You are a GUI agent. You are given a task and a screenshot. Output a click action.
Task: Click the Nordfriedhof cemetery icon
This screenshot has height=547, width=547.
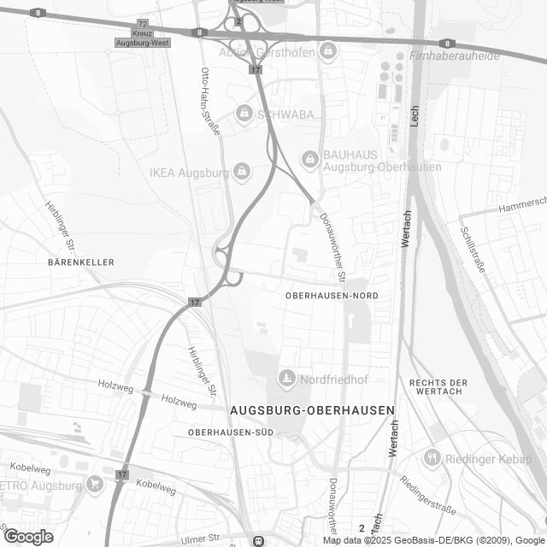coord(285,377)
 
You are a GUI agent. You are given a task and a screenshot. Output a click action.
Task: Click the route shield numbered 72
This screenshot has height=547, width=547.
coord(142,23)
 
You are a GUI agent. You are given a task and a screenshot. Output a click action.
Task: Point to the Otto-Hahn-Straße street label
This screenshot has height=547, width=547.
coord(210,101)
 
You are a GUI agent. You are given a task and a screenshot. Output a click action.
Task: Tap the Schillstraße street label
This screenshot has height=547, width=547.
coord(472,249)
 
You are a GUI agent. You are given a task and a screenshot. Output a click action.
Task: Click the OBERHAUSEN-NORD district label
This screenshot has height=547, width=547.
coord(331,295)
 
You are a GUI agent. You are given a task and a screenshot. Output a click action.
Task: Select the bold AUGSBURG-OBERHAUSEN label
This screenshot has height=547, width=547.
coord(312,410)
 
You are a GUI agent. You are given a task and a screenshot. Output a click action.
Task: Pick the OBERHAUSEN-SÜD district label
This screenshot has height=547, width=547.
coord(231,432)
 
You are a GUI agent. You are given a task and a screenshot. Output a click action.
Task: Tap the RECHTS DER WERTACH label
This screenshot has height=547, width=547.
coord(439,386)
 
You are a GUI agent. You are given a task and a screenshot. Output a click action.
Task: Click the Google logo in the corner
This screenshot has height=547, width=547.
coord(27,537)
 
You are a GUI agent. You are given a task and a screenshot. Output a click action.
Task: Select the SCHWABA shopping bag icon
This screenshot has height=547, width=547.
coord(245,114)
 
